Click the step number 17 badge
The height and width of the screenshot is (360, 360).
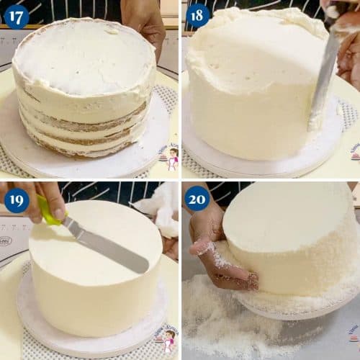16,16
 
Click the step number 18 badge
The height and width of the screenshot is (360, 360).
197,16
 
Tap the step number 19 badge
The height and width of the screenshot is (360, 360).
16,199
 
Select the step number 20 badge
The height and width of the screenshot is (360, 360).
197,199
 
